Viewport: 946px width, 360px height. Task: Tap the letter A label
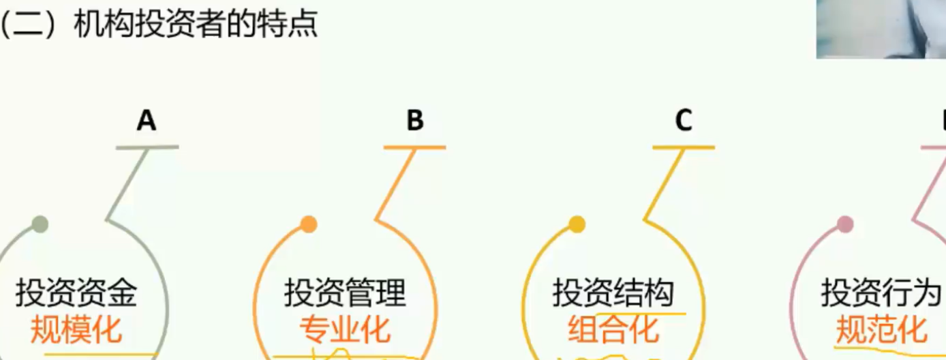coord(147,121)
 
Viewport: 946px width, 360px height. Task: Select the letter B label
coord(414,121)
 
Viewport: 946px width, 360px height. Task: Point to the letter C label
coord(683,121)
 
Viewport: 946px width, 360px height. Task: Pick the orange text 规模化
coord(76,331)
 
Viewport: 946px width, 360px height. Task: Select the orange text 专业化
coord(345,331)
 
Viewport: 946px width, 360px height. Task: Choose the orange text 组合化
coord(613,331)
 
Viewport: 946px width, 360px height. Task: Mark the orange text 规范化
coord(881,331)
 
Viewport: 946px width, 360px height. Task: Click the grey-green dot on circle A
coord(40,224)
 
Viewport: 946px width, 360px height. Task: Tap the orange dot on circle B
coord(309,224)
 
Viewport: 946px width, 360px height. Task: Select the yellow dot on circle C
coord(577,224)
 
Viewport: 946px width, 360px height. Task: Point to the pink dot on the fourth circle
coord(845,224)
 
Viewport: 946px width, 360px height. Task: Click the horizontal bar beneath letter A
coord(147,147)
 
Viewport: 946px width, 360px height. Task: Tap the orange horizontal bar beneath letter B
coord(414,147)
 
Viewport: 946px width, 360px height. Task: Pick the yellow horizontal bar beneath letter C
coord(683,147)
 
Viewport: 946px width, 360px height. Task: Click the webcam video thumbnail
coord(881,29)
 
